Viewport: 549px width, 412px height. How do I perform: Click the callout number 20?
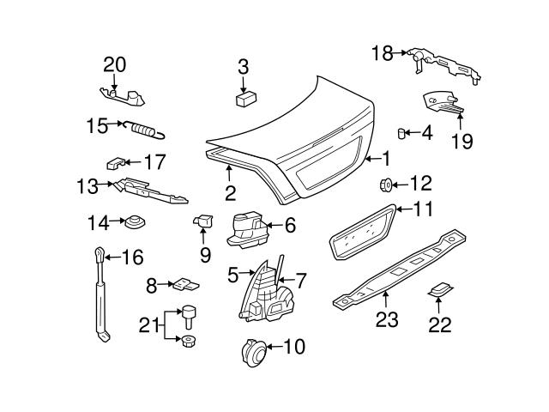pyautogui.click(x=114, y=64)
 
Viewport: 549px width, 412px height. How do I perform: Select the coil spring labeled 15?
pyautogui.click(x=147, y=130)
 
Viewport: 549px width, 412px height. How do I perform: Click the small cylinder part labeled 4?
pyautogui.click(x=401, y=132)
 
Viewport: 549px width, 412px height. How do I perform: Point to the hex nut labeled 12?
pyautogui.click(x=386, y=183)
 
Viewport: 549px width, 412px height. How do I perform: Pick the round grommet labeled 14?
pyautogui.click(x=135, y=224)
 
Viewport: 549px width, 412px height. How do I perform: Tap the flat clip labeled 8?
pyautogui.click(x=184, y=284)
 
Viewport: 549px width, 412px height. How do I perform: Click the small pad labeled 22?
pyautogui.click(x=439, y=292)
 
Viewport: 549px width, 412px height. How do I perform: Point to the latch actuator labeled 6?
pyautogui.click(x=248, y=227)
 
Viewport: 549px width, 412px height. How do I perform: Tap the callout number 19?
pyautogui.click(x=462, y=141)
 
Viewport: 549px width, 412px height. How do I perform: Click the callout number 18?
pyautogui.click(x=382, y=53)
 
